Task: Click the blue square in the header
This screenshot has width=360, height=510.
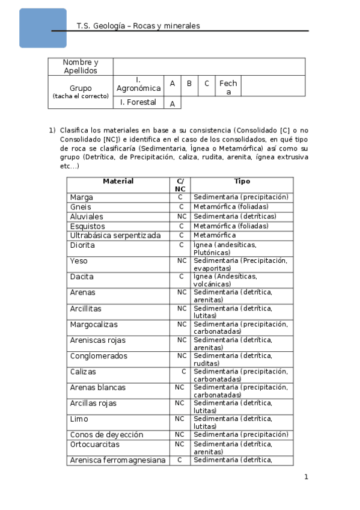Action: point(43,28)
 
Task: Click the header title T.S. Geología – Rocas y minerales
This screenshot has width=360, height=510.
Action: point(138,26)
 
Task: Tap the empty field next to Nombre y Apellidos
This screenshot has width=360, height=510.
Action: point(209,67)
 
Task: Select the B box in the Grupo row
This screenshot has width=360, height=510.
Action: point(189,84)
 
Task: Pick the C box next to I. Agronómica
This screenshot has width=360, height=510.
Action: point(207,84)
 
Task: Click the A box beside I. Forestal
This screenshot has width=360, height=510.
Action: point(172,103)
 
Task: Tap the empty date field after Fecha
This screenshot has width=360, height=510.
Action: point(272,85)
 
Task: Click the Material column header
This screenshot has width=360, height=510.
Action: point(118,182)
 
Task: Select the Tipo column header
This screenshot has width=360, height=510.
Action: point(242,182)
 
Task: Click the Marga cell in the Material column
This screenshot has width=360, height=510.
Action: point(82,197)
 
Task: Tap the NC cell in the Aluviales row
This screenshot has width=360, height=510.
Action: point(181,217)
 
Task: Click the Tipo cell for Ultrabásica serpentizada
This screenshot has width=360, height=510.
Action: point(242,236)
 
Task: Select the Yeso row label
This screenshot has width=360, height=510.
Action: point(79,261)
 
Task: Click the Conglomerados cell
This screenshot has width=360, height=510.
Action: point(99,356)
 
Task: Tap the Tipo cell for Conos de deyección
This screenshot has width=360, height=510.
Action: point(242,435)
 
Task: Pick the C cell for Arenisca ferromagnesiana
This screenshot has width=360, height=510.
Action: point(180,460)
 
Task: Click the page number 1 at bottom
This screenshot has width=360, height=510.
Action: point(306,477)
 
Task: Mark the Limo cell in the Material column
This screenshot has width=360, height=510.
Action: point(79,419)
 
